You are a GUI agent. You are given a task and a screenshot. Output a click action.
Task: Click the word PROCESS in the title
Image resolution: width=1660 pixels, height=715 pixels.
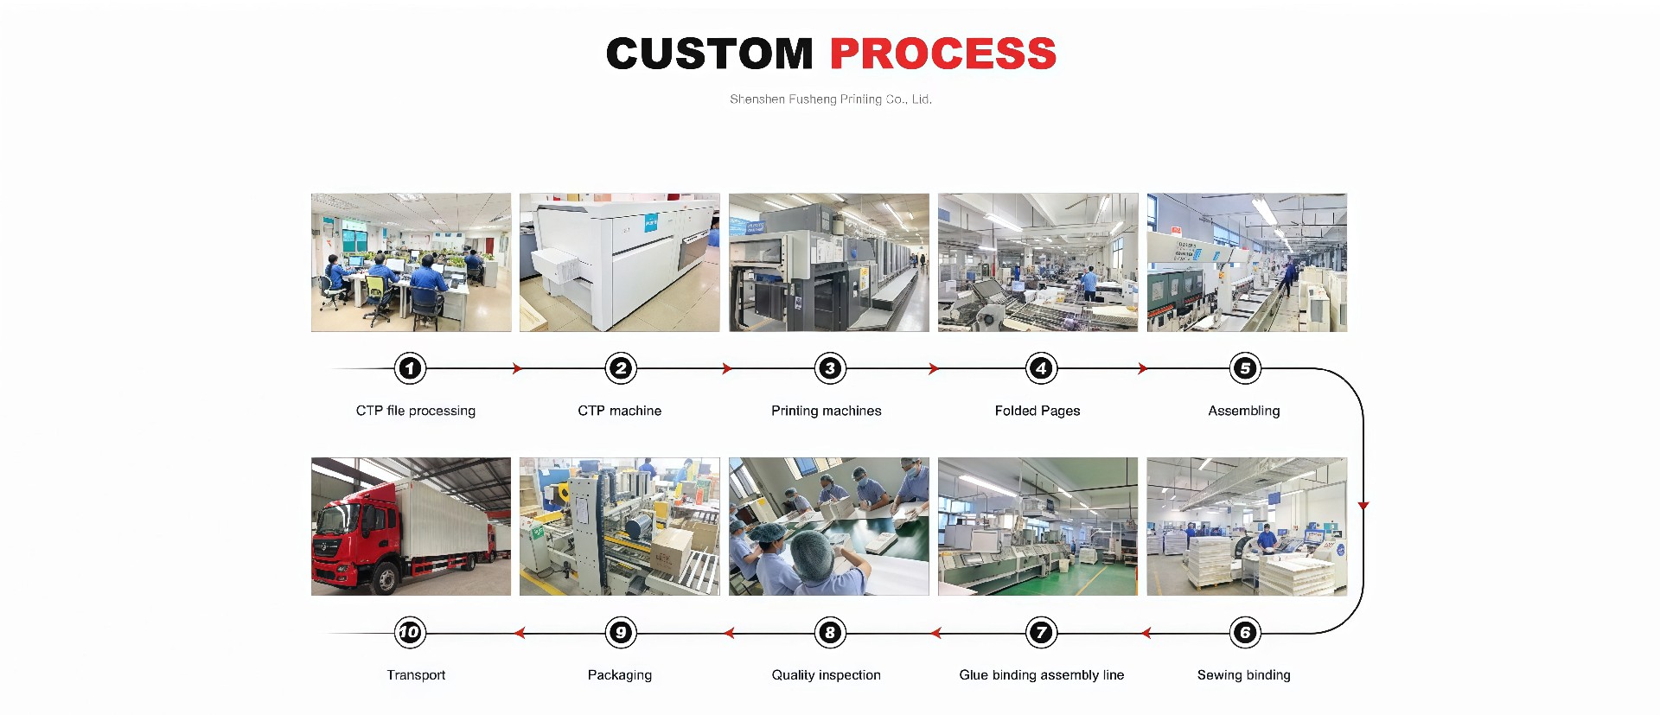(943, 54)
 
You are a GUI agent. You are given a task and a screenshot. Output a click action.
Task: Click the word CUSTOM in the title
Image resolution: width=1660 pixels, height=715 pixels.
(710, 54)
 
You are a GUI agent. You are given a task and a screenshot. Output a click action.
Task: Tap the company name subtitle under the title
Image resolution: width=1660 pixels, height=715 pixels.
(831, 99)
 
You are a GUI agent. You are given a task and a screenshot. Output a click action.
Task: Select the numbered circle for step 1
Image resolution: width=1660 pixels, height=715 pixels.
(410, 368)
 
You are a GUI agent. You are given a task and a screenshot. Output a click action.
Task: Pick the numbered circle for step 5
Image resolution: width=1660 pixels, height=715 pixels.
(1245, 368)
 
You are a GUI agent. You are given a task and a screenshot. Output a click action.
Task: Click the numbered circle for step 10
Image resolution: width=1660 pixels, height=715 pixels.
(410, 633)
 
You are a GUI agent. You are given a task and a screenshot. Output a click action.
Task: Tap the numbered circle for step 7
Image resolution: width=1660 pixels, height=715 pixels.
(1041, 633)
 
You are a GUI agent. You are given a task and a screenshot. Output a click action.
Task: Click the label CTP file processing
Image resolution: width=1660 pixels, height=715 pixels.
(416, 411)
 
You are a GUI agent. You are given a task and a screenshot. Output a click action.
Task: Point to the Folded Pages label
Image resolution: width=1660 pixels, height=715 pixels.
(1037, 411)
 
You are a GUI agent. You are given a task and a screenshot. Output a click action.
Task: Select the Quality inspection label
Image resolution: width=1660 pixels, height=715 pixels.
(827, 675)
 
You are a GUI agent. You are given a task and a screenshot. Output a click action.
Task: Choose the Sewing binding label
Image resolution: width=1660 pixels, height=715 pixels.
(1244, 675)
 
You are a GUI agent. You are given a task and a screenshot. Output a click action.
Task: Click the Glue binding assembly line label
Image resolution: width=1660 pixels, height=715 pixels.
(1042, 675)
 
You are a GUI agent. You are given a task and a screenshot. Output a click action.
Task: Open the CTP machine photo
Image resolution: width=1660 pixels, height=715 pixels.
(620, 262)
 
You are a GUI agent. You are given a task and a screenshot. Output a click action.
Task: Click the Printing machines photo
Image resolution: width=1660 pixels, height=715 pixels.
(829, 262)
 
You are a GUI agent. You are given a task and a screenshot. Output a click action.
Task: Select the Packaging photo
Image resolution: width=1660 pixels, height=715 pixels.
(620, 527)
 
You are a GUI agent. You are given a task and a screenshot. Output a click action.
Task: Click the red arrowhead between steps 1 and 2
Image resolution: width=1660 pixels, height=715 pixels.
(517, 368)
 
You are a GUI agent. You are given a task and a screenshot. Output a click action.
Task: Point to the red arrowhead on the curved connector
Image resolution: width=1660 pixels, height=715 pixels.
(1363, 506)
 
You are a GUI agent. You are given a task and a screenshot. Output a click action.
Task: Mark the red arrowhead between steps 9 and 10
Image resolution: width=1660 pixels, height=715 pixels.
(520, 633)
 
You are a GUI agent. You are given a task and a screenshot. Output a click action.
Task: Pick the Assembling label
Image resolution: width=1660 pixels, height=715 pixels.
(1244, 411)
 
